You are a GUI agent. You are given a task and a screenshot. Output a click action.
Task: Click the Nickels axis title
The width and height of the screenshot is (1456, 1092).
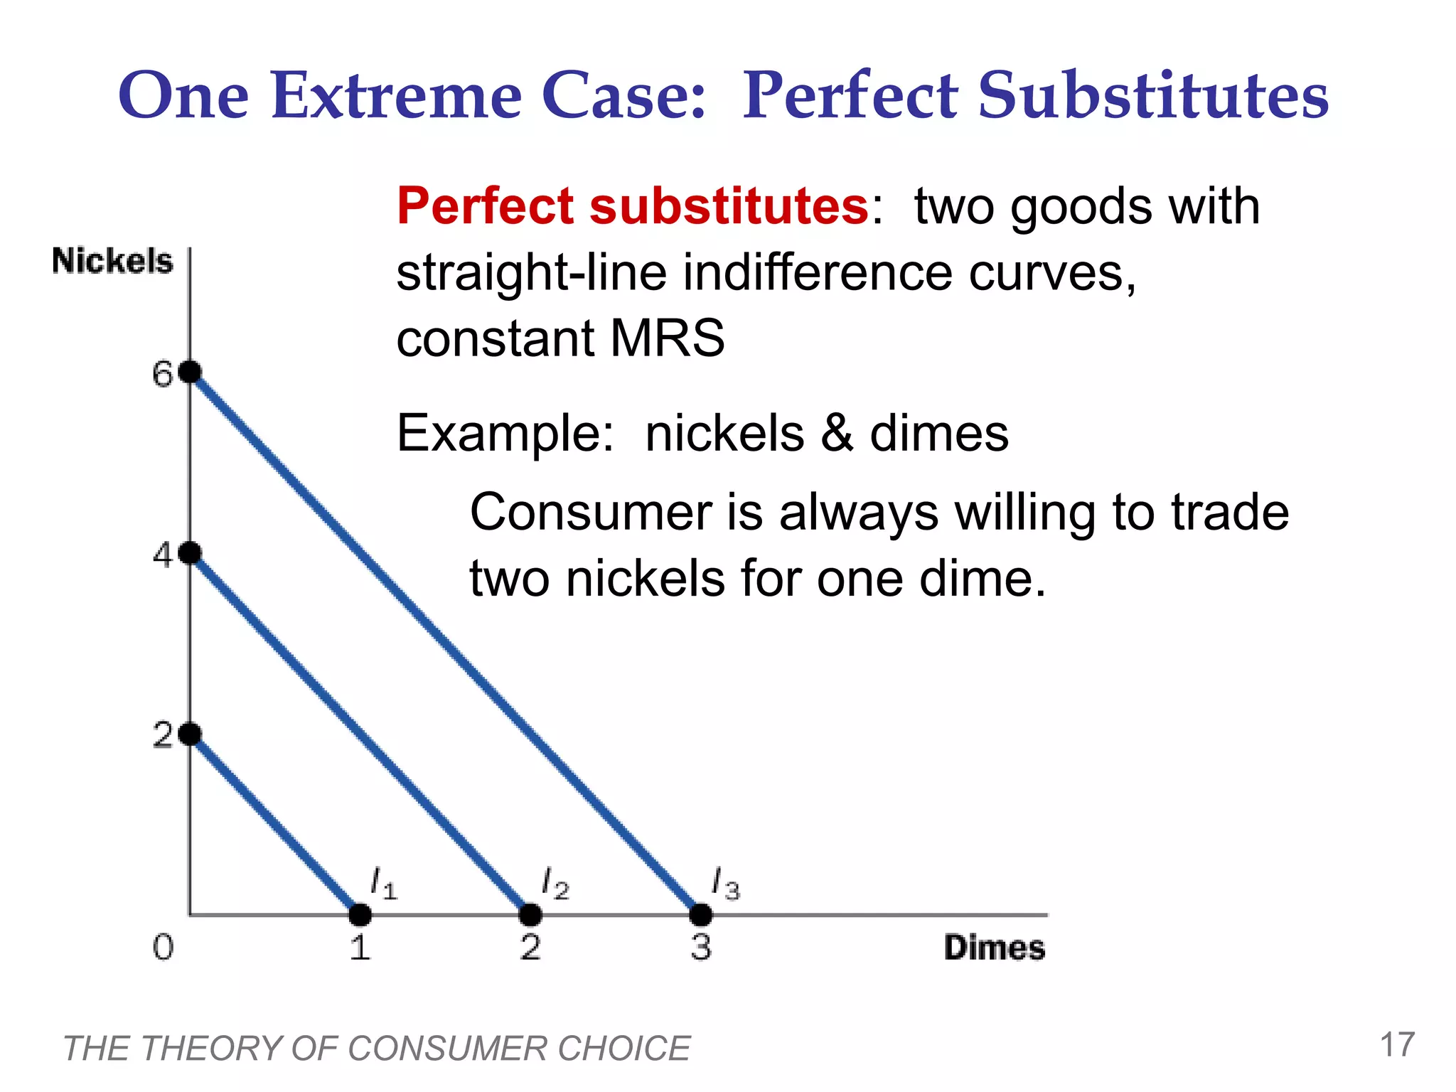pos(112,261)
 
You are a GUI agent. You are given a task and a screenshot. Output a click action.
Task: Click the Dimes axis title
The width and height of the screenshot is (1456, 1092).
pos(994,948)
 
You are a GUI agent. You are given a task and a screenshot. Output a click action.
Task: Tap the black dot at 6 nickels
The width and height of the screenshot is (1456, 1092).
pos(190,372)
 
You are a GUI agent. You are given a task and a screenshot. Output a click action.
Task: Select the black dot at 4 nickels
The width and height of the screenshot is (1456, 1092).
pos(190,552)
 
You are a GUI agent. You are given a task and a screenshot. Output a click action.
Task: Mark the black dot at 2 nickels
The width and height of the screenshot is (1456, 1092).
pos(190,734)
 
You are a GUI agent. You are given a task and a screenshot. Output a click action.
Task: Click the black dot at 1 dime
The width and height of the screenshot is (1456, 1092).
pos(360,914)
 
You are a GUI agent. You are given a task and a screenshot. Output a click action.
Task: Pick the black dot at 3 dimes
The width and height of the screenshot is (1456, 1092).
pos(700,914)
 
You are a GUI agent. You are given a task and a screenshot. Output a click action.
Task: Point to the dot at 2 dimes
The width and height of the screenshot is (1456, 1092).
pos(530,914)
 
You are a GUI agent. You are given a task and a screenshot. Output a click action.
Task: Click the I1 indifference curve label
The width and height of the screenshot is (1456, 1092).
pos(384,884)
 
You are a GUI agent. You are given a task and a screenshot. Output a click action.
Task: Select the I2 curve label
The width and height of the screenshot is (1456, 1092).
pos(555,884)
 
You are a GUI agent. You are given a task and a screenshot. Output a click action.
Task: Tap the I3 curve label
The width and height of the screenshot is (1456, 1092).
pos(726,884)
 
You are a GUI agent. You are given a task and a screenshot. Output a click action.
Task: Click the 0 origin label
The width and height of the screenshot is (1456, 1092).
pos(163,948)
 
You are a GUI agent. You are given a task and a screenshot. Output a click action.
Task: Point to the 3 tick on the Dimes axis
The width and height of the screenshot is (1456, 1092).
pos(700,948)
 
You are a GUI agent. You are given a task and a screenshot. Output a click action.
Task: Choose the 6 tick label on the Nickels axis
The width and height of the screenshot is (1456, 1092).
pos(163,374)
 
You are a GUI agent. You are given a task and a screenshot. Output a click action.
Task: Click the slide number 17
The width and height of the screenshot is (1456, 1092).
pos(1397,1045)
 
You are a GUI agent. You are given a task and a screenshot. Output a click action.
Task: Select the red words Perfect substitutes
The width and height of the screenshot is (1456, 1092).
pos(632,206)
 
